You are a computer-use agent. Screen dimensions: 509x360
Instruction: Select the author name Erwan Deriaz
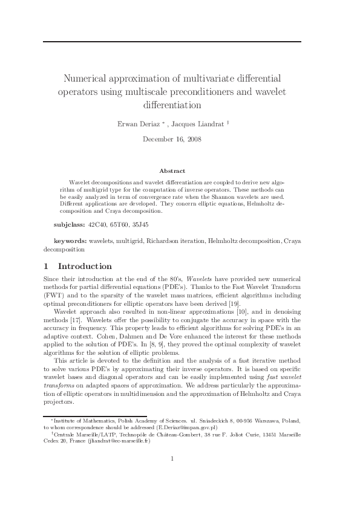tap(137, 124)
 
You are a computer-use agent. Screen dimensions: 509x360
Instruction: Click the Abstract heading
tap(172, 171)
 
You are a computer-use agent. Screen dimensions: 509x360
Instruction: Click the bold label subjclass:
tap(70, 224)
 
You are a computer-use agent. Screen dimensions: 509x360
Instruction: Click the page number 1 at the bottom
tap(172, 458)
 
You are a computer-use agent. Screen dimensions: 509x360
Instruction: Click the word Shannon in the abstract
tap(231, 197)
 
